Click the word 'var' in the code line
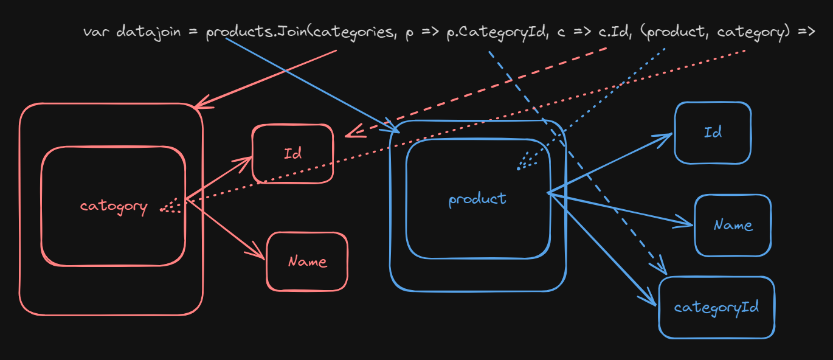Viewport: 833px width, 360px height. point(96,31)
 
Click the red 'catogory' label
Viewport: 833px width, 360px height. point(114,207)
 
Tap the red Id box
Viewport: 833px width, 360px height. point(292,154)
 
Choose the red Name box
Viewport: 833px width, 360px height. point(307,261)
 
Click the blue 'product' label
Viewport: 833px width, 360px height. point(477,199)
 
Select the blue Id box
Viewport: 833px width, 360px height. point(713,133)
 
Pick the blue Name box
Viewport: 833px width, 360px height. point(733,226)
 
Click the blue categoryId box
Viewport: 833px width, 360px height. point(717,307)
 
